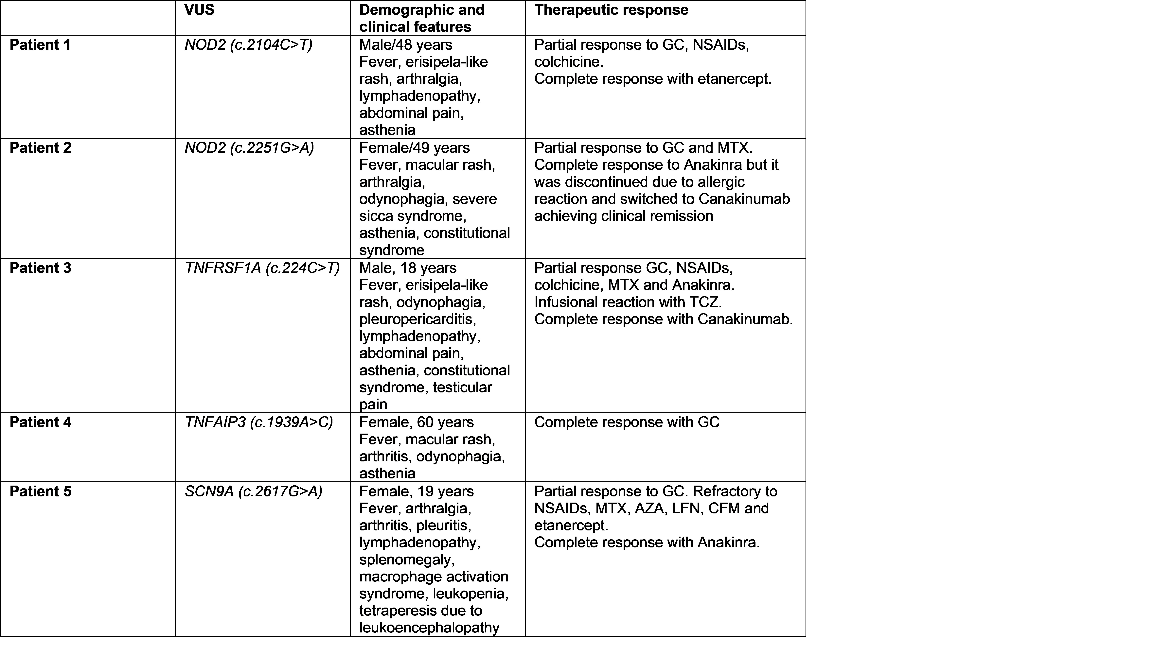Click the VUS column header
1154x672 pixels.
(199, 10)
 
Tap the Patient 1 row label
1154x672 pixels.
(40, 45)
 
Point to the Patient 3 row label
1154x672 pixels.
(40, 268)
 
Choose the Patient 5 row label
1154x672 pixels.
(40, 491)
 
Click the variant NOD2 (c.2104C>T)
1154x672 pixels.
(248, 45)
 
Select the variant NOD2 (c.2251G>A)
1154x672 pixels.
(249, 148)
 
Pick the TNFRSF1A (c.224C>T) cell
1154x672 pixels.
(262, 268)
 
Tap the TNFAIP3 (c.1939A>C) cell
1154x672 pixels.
(259, 422)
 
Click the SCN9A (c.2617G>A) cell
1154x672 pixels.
(253, 491)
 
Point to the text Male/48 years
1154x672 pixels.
(406, 45)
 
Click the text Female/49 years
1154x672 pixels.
(415, 148)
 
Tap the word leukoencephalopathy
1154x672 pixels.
(429, 627)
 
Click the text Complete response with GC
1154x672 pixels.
(627, 422)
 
